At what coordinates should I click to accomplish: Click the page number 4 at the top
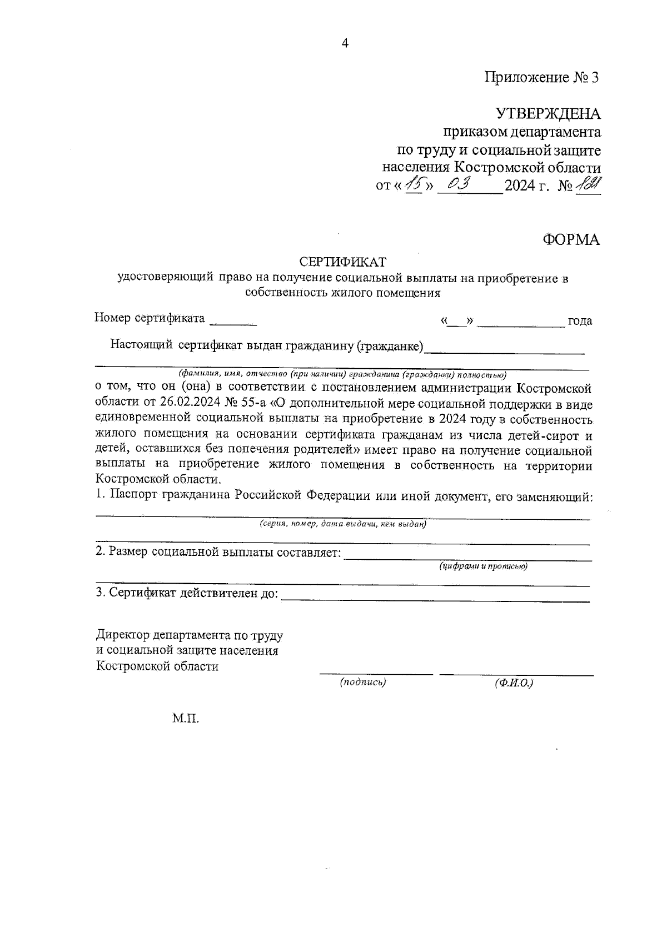(345, 44)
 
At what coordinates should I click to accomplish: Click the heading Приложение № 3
(542, 77)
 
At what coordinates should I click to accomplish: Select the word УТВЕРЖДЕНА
(547, 114)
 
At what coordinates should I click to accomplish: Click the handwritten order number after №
(588, 184)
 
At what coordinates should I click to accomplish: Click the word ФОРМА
(571, 240)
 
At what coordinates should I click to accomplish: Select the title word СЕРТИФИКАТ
(342, 261)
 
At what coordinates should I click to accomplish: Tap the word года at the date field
(579, 321)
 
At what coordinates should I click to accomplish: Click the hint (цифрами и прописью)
(482, 566)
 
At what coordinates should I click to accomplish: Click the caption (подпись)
(362, 683)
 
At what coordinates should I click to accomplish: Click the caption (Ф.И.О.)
(514, 683)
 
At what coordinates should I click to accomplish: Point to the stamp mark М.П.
(185, 719)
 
